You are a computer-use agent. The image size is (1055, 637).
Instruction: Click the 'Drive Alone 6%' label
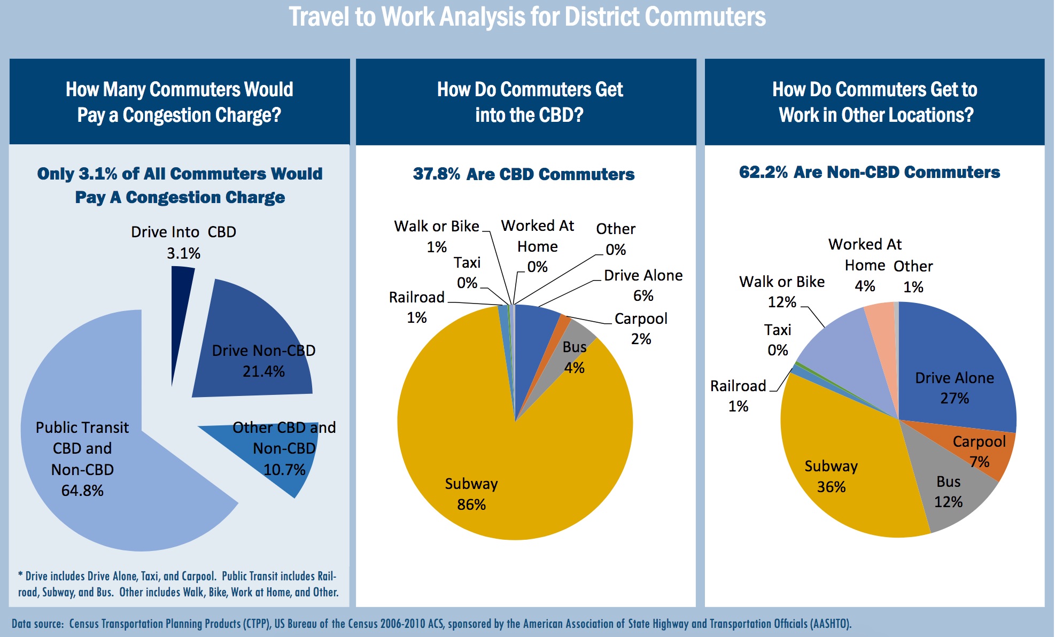click(643, 285)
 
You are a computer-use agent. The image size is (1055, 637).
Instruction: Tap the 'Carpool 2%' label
click(641, 329)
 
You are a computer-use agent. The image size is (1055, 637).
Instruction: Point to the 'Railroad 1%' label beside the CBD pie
click(417, 307)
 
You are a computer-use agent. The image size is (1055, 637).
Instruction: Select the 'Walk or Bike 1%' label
click(437, 236)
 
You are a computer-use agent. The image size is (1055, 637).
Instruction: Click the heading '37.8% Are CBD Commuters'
click(524, 174)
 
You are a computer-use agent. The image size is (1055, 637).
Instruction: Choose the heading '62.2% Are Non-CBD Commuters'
click(870, 172)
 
